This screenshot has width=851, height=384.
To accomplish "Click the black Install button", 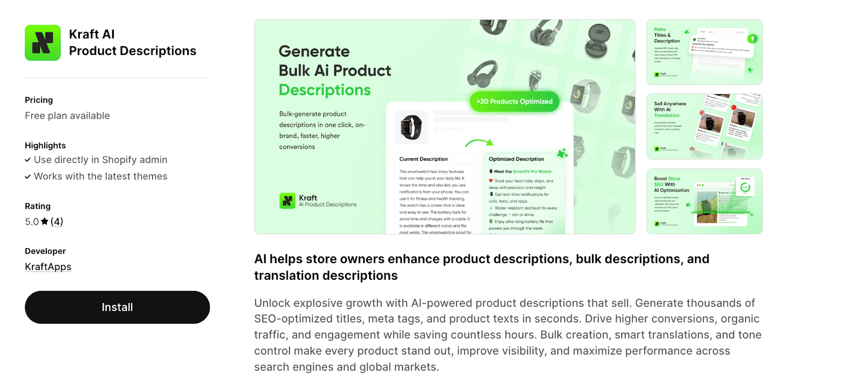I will (117, 307).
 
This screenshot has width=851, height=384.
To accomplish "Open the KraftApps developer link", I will (48, 267).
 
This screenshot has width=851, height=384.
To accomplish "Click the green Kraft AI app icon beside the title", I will (43, 43).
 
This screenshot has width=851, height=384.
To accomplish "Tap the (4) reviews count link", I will (57, 222).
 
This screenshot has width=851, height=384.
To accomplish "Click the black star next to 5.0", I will (45, 221).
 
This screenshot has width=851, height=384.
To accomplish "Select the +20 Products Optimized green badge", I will (514, 102).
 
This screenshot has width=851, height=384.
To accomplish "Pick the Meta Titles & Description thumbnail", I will (704, 52).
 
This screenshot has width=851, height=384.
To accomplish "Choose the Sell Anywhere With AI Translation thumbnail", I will (704, 127).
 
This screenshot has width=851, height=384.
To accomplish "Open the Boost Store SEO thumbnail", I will (704, 202).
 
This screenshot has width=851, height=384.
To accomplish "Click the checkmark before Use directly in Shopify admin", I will (28, 160).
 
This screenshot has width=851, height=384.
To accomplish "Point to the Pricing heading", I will (39, 100).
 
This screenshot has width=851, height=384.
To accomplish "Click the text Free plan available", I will (68, 116).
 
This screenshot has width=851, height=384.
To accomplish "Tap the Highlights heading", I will (45, 146).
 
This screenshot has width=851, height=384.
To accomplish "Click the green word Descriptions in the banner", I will (324, 90).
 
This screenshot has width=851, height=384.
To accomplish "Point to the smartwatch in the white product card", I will (411, 128).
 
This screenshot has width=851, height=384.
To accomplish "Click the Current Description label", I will (423, 159).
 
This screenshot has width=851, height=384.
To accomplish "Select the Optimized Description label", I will (516, 159).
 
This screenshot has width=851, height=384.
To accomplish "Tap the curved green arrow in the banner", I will (479, 143).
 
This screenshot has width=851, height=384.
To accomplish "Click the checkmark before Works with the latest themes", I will (28, 177).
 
